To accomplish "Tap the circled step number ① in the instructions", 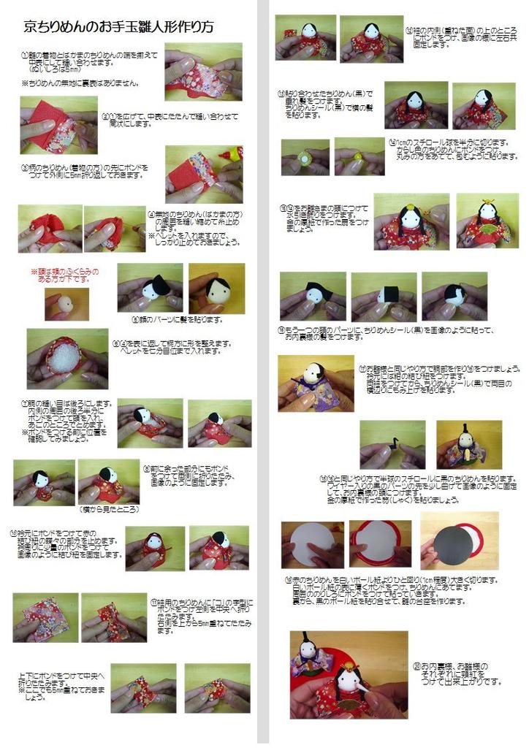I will point(26,56).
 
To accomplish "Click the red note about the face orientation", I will point(64,275).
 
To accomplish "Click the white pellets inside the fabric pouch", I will point(67,359).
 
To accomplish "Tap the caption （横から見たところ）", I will point(108,509).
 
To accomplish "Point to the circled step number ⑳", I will point(417,666).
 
